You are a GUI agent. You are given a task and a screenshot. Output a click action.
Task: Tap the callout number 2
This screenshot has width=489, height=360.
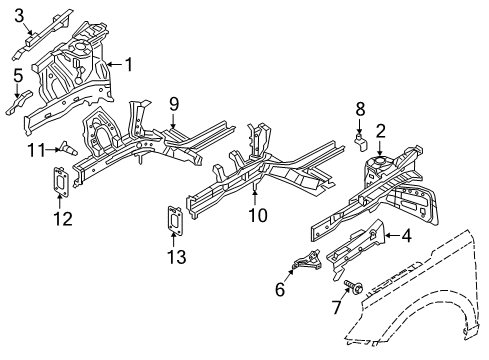381,129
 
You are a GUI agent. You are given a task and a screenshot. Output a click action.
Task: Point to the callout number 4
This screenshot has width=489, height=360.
406,236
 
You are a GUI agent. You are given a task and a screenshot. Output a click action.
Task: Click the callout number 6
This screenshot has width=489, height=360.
280,289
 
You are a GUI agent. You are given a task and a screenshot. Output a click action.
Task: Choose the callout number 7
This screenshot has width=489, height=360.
336,306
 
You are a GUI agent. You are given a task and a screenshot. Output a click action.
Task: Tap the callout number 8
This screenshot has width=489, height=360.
360,108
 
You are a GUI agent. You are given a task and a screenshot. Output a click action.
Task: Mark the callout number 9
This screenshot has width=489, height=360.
173,103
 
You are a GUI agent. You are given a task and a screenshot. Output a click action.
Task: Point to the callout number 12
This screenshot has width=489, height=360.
62,217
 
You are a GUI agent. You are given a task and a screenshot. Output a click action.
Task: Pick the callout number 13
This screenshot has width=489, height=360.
176,258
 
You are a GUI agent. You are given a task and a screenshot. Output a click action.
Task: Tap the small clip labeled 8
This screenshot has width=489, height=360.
356,142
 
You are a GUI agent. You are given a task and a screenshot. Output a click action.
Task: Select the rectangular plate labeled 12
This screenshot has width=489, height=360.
60,184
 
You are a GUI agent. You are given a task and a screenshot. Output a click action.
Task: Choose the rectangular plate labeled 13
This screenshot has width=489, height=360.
174,220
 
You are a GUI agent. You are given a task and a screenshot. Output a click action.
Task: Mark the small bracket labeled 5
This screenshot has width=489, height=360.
21,100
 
